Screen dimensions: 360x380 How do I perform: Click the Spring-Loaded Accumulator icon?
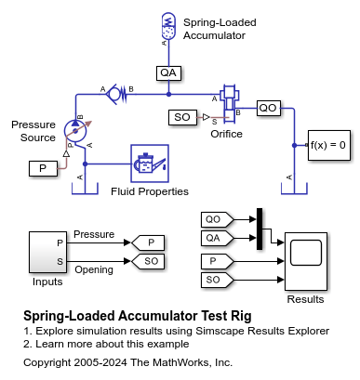pos(168,26)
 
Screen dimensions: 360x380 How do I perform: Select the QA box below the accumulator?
pos(168,73)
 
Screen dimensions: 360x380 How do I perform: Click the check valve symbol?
pos(116,94)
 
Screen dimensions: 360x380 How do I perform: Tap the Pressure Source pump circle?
pos(75,130)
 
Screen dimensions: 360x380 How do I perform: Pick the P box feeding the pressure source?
pos(43,168)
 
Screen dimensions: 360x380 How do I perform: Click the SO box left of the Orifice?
pos(182,117)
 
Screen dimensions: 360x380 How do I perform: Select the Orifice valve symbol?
pos(229,104)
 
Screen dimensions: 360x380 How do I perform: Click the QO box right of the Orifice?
pos(269,108)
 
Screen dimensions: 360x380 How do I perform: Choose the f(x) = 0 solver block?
pos(329,145)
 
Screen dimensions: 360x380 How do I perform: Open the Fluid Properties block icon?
pos(150,164)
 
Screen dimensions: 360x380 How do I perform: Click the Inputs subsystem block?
pos(48,252)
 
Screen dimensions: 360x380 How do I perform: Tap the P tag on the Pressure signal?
pos(148,242)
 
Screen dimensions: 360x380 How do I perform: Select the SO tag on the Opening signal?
pos(148,261)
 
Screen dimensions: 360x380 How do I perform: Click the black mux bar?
pos(260,229)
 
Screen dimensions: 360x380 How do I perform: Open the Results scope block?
pos(306,261)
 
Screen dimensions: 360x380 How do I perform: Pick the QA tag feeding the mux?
pos(217,238)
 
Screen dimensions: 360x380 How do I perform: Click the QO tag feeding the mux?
pos(217,219)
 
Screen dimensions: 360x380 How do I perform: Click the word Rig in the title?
pos(241,317)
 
